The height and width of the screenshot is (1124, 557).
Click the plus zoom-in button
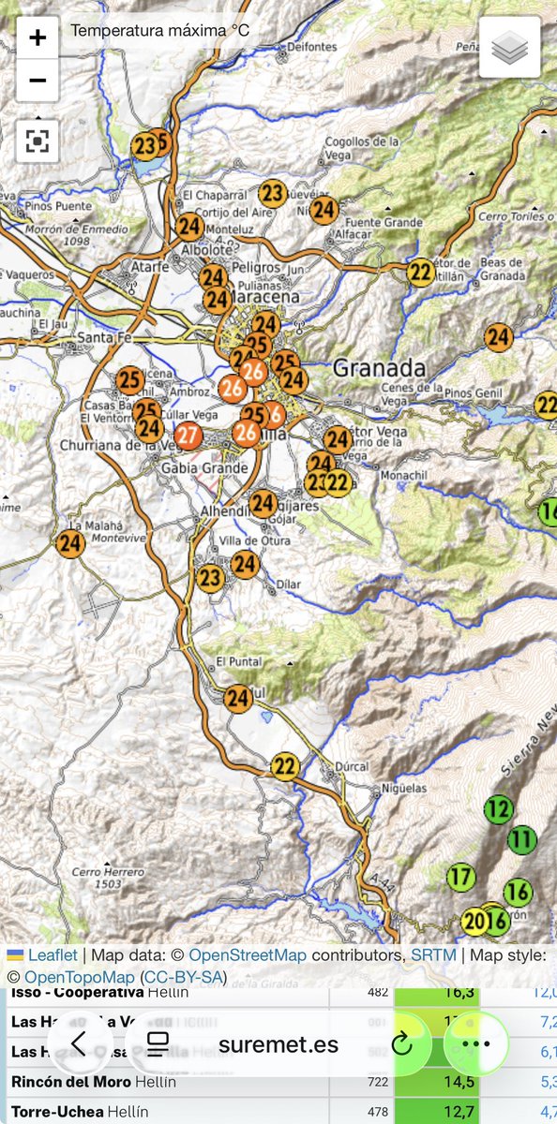point(38,38)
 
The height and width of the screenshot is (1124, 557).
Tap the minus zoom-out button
point(38,81)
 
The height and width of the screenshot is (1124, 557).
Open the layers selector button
point(509,47)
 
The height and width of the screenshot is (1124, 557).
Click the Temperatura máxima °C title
point(159,30)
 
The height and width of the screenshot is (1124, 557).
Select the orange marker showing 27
point(188,436)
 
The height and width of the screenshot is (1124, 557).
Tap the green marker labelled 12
point(500,809)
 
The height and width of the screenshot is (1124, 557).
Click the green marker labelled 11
point(522,840)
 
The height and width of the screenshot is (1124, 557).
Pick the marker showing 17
point(460,878)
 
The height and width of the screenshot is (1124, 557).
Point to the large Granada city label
point(379,366)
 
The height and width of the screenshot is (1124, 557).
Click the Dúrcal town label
point(353,765)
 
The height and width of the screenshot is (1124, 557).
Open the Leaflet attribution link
point(53,955)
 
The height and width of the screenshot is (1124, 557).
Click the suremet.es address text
point(278,1044)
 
